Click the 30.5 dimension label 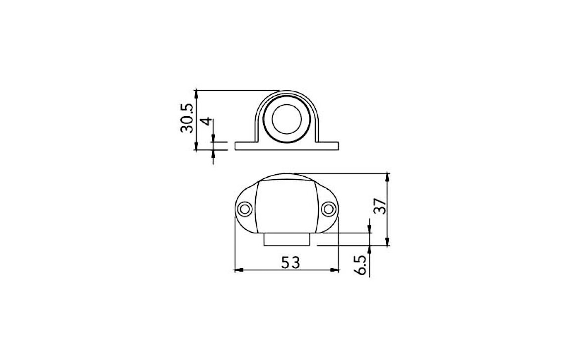tap(187, 118)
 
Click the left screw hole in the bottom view tap(244, 209)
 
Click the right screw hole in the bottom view tap(328, 209)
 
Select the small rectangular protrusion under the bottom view tap(287, 240)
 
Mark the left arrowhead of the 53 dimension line tap(237, 270)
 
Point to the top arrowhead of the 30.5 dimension tap(197, 93)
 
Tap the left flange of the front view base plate tap(244, 145)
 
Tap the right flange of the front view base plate tap(329, 145)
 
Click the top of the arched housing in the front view tap(287, 92)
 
